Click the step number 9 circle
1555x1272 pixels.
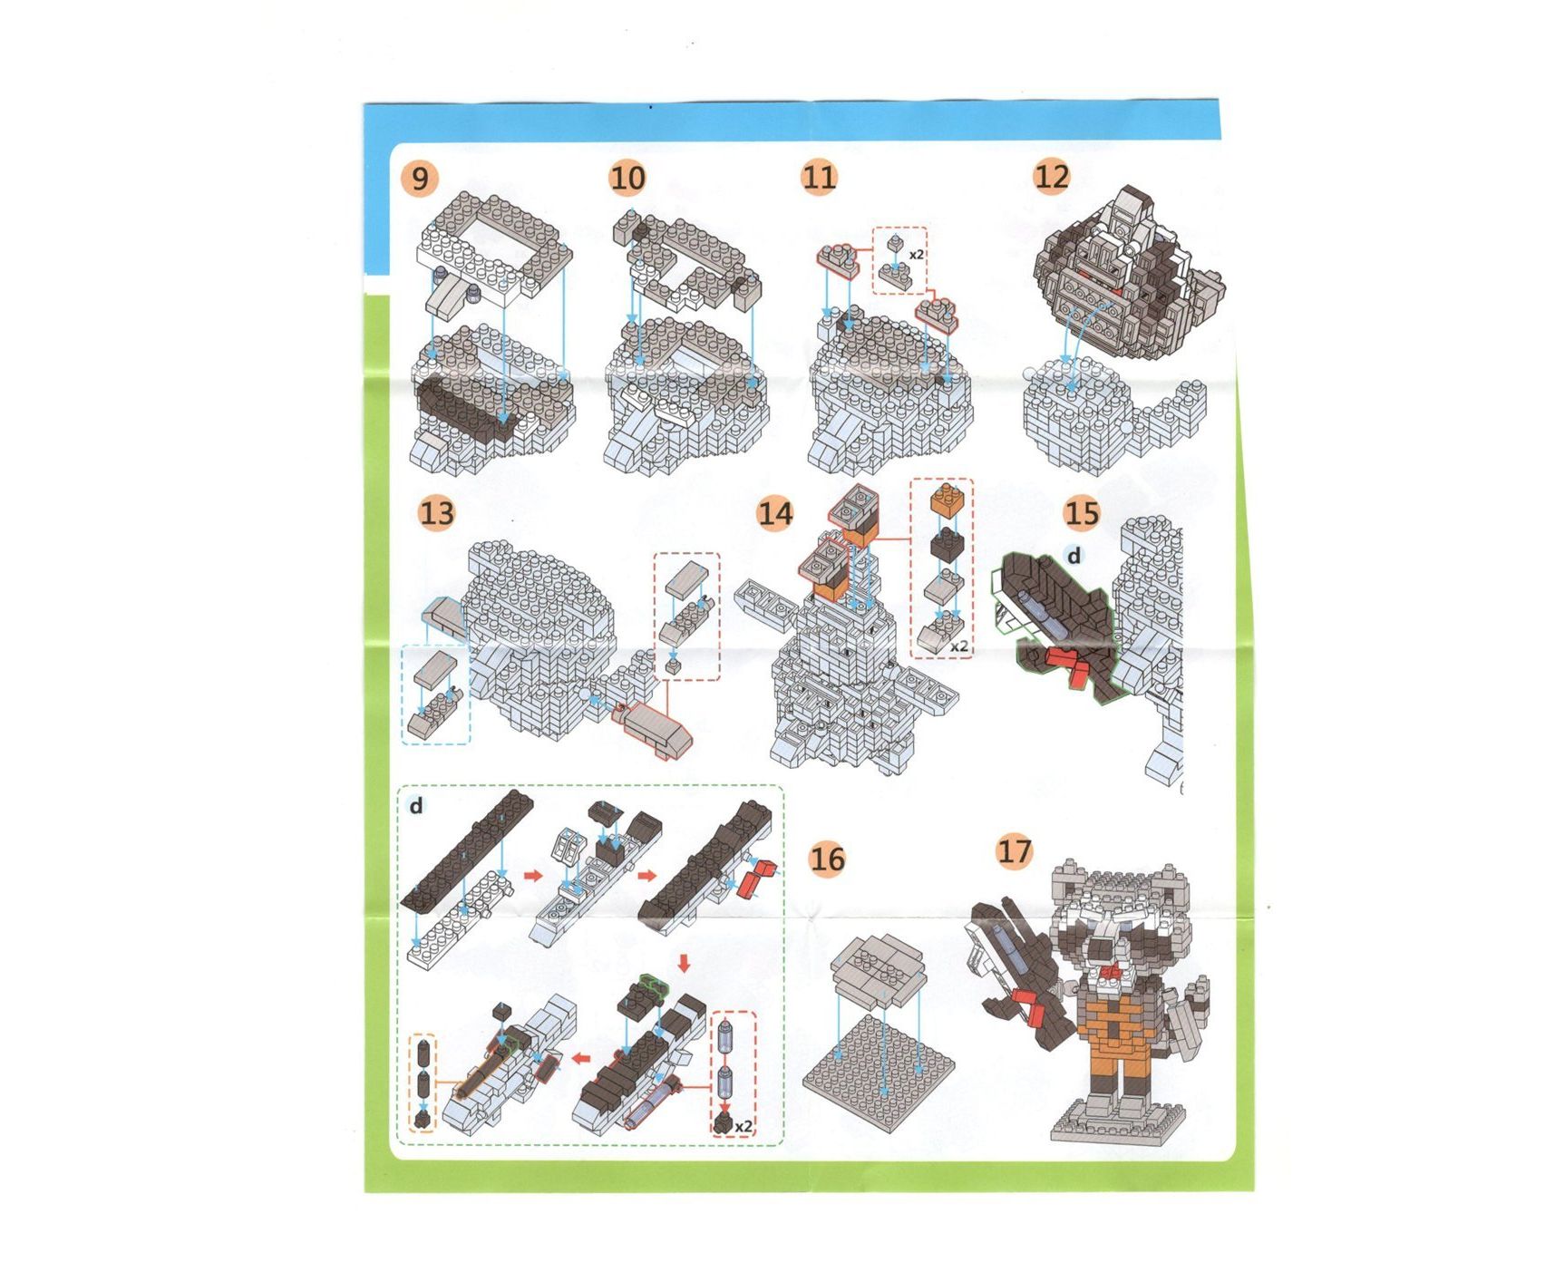(x=419, y=178)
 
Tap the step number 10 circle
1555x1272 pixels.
(x=627, y=178)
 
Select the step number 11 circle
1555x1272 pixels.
(x=820, y=176)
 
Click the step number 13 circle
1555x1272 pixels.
(x=436, y=513)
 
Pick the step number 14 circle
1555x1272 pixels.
(x=775, y=513)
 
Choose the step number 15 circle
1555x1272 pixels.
(x=1082, y=513)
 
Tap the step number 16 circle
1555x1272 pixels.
(x=827, y=858)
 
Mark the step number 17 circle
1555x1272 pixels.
(x=1015, y=850)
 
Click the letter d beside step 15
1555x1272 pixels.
(x=1074, y=556)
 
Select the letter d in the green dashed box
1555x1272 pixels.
(x=416, y=805)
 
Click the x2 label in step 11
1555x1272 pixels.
(x=917, y=255)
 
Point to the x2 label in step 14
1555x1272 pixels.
(x=959, y=646)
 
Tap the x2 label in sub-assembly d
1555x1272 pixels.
(x=743, y=1126)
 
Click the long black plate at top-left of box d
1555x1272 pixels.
(x=468, y=849)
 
